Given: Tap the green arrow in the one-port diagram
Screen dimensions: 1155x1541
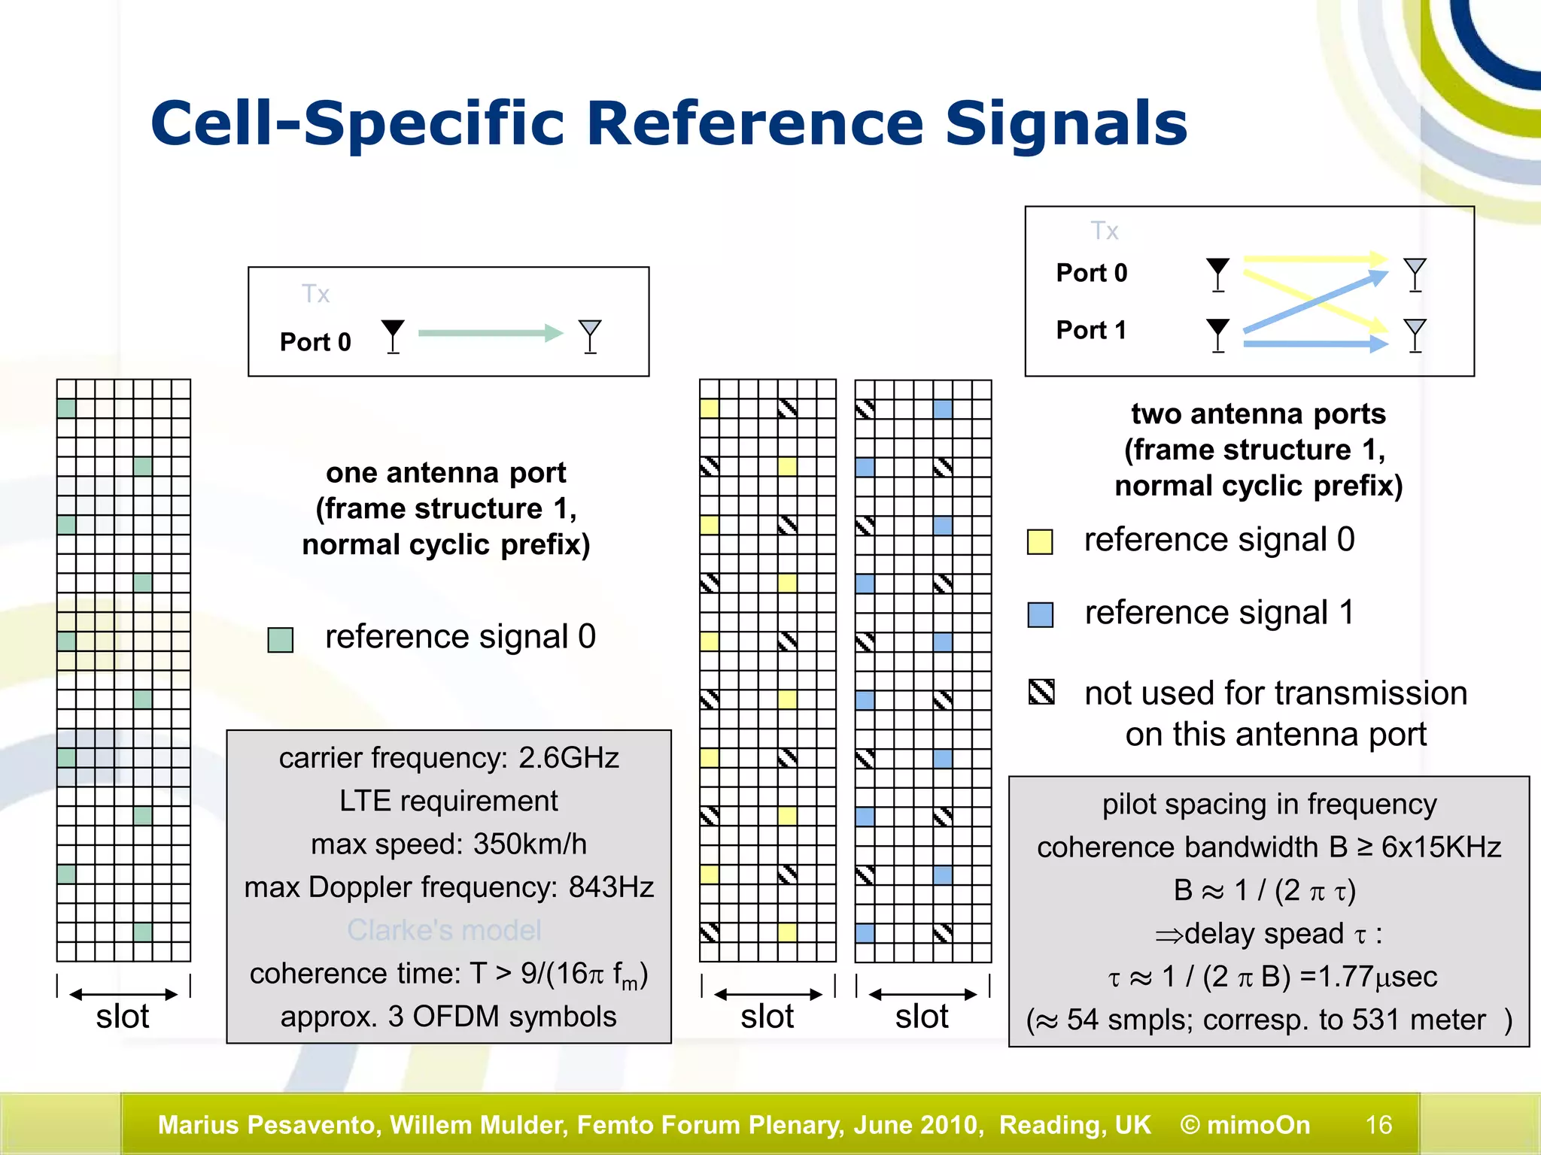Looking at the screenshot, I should coord(490,333).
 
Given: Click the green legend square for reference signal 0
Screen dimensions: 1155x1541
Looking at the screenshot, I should coord(281,640).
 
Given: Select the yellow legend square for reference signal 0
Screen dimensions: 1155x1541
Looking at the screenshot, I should coord(1040,541).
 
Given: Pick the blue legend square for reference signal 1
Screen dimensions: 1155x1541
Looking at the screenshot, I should coord(1040,614).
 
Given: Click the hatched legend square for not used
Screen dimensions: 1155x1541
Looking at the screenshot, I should coord(1041,692).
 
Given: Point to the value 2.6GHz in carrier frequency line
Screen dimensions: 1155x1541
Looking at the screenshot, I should coord(568,758).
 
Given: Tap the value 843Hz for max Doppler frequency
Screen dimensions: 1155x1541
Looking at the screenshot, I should coord(610,887).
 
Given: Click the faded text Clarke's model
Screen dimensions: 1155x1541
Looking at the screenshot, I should coord(444,931).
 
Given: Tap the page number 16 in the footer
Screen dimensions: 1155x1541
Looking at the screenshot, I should coord(1378,1125).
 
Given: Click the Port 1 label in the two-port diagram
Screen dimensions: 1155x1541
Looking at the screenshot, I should coord(1091,330).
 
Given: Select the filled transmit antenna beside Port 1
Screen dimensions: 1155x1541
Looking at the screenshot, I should coord(1217,334).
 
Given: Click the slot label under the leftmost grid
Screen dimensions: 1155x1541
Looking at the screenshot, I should coord(123,1017).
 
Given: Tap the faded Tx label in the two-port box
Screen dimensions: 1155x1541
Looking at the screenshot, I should coord(1104,231).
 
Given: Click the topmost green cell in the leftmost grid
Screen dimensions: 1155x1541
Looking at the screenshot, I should coord(66,408).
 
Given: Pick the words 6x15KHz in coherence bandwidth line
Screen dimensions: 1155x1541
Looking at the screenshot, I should coord(1441,847).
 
